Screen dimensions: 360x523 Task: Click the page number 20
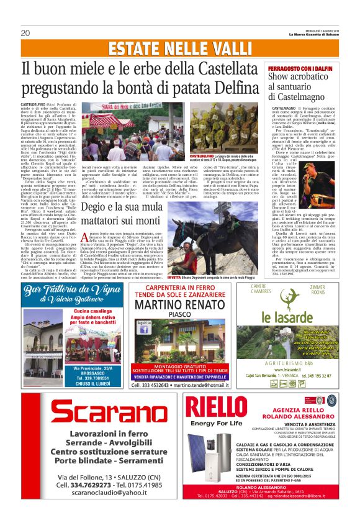(25, 33)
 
